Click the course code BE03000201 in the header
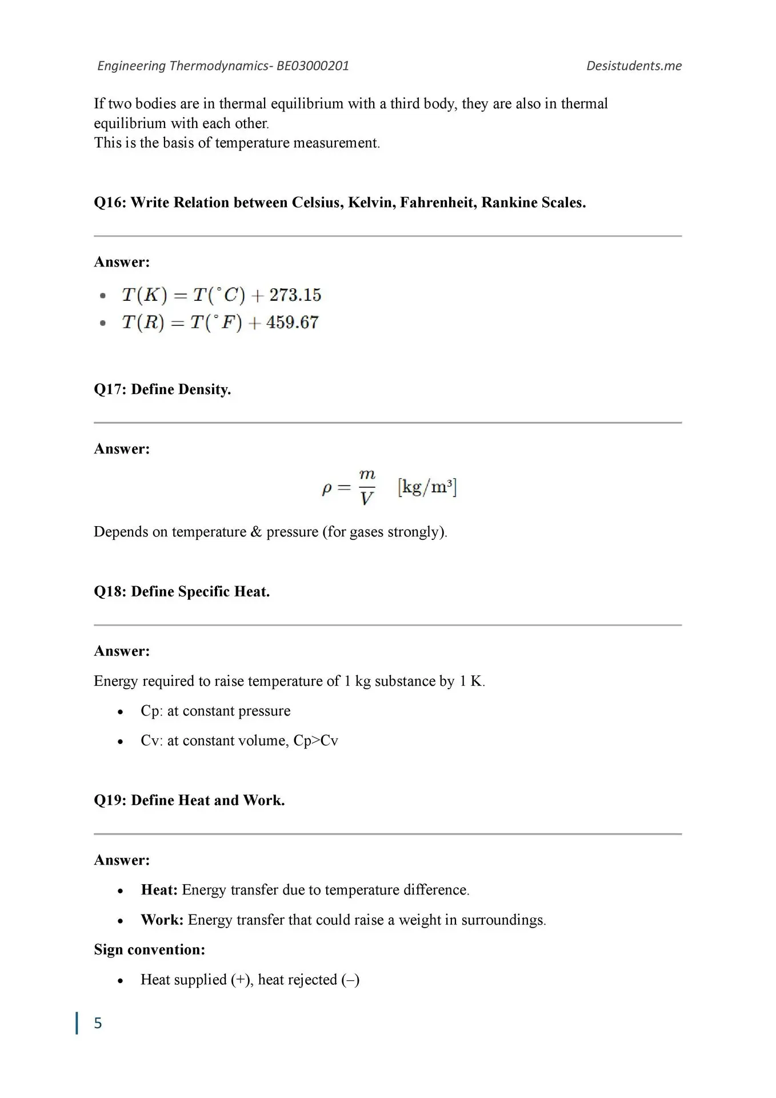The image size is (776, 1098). tap(313, 66)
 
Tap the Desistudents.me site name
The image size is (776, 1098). tap(634, 66)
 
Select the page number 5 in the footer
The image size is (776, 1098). tap(98, 1023)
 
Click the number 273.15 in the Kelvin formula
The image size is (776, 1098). tap(295, 295)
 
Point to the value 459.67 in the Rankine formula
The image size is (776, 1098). tap(292, 323)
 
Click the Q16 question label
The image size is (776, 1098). tap(110, 202)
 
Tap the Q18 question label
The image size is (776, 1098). tap(110, 591)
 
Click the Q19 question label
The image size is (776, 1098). tap(110, 800)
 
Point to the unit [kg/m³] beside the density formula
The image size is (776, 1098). tap(427, 487)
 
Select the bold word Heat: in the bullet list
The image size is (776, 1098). tap(159, 890)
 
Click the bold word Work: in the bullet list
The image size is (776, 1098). tap(162, 920)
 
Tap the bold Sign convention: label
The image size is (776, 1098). tap(150, 949)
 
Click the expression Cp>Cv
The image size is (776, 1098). tap(315, 741)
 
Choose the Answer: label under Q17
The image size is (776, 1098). tap(122, 449)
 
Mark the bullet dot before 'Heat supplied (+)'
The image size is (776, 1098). tap(120, 981)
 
